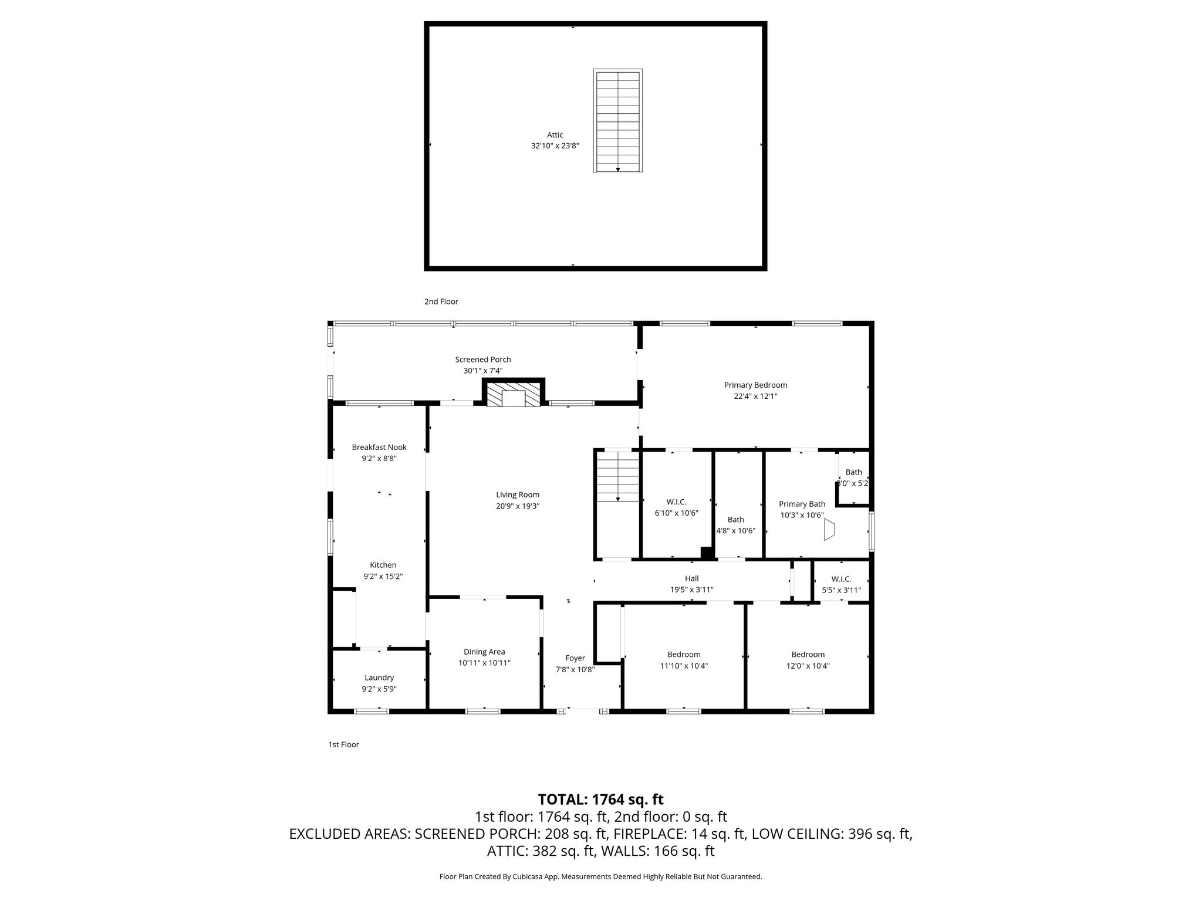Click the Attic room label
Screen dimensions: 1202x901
tap(555, 135)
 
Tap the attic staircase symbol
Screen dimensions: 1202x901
tap(617, 121)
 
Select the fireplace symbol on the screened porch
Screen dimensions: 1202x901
tap(514, 392)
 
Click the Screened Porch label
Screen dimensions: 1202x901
tap(483, 360)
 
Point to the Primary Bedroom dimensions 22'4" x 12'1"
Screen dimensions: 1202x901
tap(755, 397)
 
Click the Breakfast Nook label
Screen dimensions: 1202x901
tap(379, 447)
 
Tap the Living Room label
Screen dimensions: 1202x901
tap(518, 494)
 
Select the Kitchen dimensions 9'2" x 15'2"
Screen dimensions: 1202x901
tap(383, 577)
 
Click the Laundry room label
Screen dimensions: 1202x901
tap(379, 678)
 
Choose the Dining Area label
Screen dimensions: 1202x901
tap(484, 652)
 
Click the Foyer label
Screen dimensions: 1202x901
tap(575, 658)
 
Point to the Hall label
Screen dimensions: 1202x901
tap(692, 578)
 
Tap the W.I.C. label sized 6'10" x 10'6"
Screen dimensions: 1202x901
tap(676, 502)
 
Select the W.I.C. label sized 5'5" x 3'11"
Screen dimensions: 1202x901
tap(841, 579)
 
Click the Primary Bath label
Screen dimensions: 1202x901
tap(802, 504)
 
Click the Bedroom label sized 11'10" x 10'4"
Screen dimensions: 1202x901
tap(684, 655)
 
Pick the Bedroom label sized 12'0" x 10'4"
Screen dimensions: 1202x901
tap(808, 655)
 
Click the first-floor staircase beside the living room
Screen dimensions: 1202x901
tap(617, 476)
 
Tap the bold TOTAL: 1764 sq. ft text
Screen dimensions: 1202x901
tap(601, 800)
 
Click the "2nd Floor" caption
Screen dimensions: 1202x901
tap(441, 302)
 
